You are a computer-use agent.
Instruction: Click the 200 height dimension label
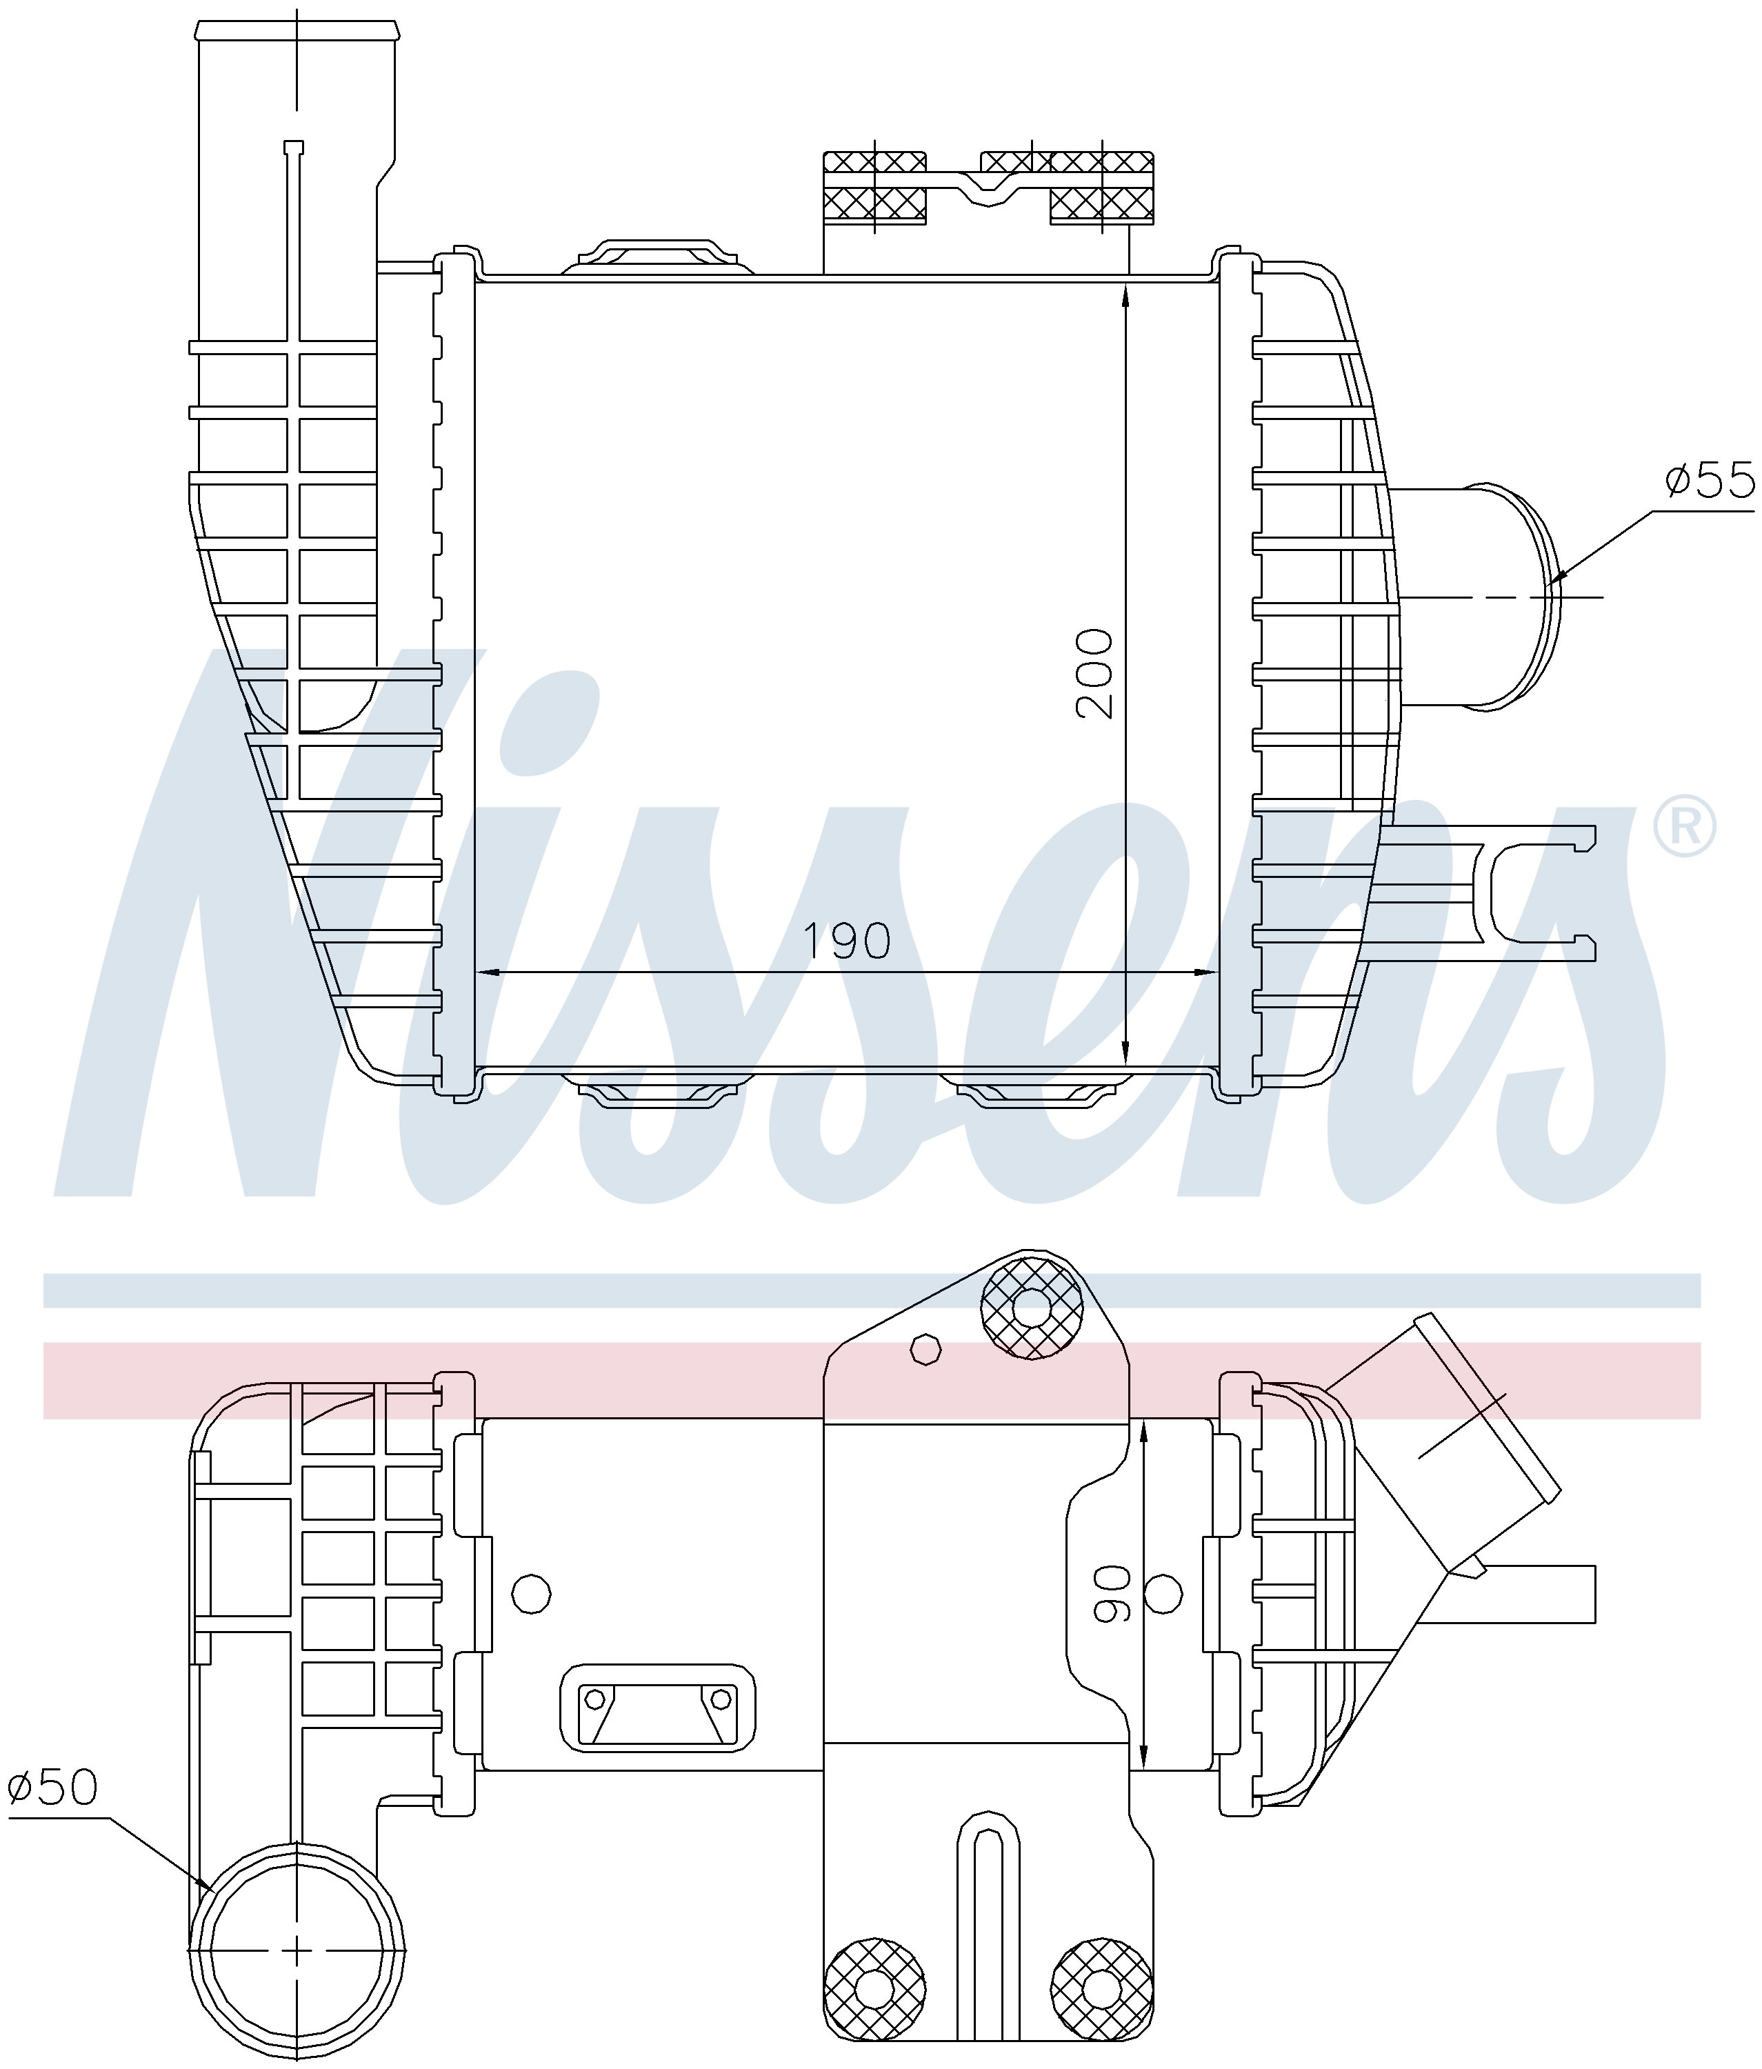click(1094, 673)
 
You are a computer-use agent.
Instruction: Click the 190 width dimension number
click(848, 941)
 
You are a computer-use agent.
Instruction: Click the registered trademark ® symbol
click(1685, 826)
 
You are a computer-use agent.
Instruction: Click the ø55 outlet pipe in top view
click(1477, 597)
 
